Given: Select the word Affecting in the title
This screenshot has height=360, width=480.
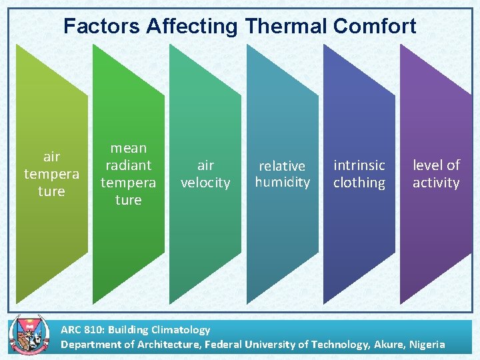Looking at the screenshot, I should [192, 26].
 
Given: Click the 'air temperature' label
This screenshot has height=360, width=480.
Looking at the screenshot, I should [51, 174].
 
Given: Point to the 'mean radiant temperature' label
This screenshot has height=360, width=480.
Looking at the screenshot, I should [128, 173].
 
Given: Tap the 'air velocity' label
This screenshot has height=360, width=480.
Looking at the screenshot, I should [205, 174].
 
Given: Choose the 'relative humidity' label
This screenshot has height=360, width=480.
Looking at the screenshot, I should [282, 174].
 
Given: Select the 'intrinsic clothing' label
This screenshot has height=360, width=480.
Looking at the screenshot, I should [359, 174].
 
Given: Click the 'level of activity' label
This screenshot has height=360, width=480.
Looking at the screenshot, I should [436, 174].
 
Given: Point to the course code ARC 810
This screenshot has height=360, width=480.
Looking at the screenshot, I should [81, 329].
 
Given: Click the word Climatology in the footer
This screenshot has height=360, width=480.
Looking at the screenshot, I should [182, 329].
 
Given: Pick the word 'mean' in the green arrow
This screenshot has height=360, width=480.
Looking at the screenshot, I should [128, 148].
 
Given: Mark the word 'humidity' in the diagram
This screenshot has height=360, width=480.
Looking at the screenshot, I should [282, 182].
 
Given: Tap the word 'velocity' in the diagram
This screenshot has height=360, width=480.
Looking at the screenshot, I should [205, 183].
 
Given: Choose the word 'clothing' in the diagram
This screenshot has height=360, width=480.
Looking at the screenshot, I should [359, 183].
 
